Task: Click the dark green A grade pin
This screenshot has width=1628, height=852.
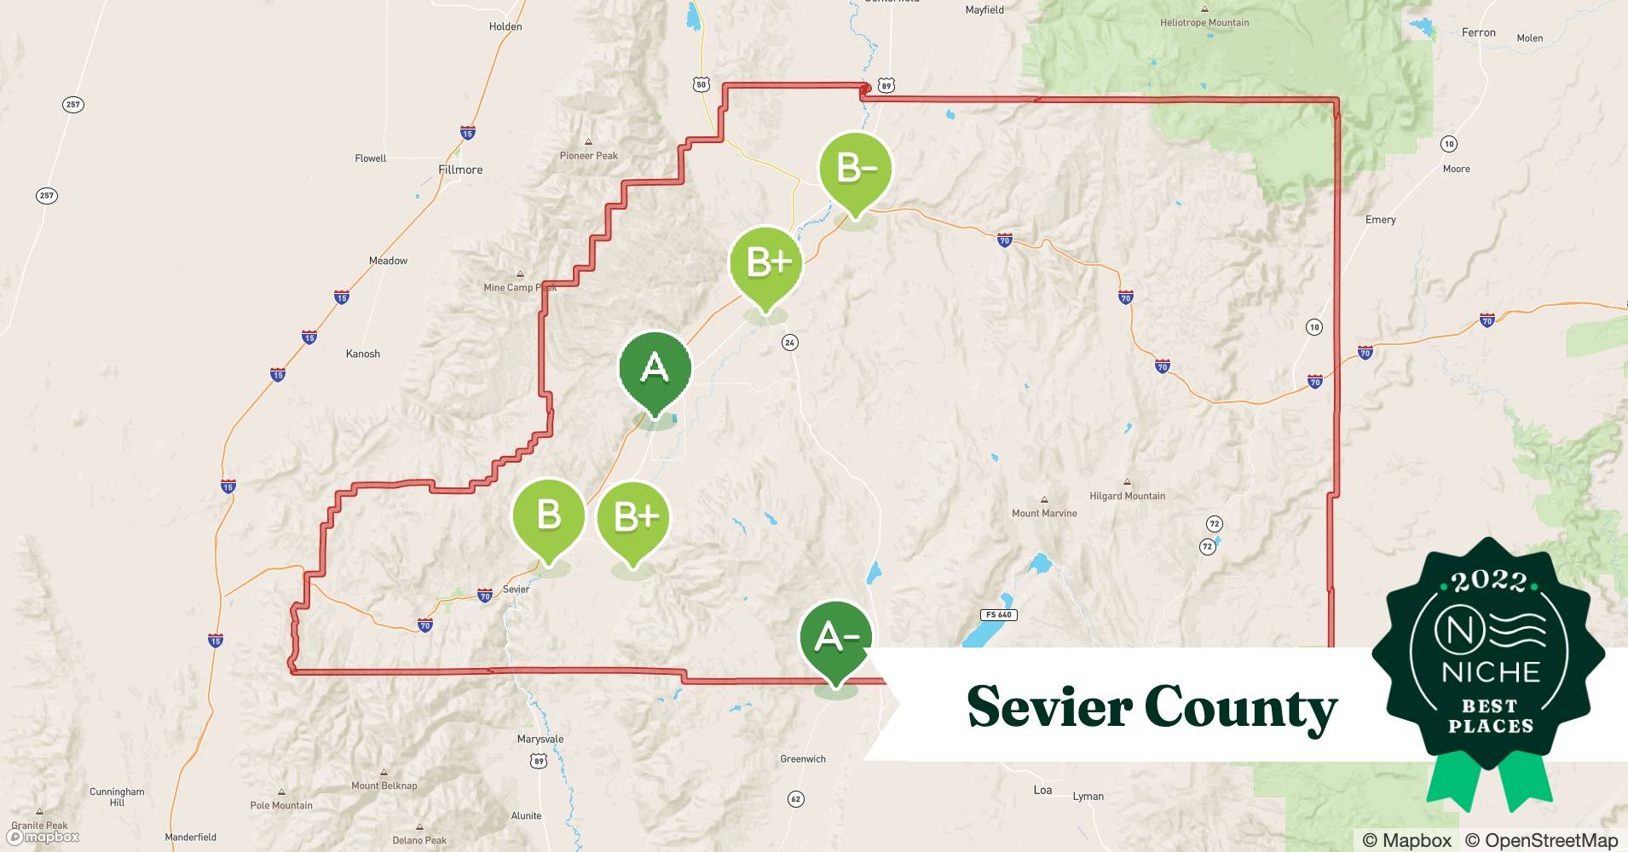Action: [655, 370]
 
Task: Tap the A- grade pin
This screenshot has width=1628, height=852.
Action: [836, 638]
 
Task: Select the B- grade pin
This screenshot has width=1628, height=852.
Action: [856, 169]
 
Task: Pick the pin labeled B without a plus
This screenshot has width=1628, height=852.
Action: [548, 516]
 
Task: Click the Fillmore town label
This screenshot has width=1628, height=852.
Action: [460, 170]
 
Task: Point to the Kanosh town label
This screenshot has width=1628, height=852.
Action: [363, 354]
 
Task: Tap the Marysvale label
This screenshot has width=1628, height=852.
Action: [540, 739]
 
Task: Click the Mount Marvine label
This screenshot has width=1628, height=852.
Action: [1044, 513]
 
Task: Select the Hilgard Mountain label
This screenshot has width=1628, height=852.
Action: [1127, 496]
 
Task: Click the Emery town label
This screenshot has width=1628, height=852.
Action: [1380, 220]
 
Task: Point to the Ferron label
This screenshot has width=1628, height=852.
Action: [1478, 32]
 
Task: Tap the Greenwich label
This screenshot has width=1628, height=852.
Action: [803, 758]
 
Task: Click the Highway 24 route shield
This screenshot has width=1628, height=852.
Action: [790, 343]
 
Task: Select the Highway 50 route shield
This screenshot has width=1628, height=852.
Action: [701, 84]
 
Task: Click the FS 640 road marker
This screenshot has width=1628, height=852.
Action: [998, 614]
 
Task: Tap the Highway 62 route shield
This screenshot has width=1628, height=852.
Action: [795, 798]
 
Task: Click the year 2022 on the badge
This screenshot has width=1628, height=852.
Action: [1489, 582]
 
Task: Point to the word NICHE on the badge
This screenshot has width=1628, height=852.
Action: [1490, 672]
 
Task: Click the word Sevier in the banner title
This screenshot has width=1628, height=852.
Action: [1048, 706]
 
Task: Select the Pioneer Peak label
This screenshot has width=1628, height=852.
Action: [588, 155]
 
